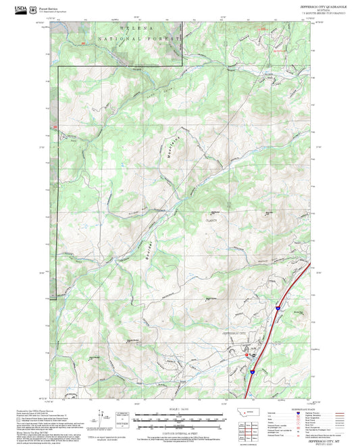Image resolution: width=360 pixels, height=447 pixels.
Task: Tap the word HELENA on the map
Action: coord(138,29)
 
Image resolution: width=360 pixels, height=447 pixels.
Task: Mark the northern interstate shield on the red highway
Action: coord(277,308)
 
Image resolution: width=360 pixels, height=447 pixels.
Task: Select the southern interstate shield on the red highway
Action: coord(252,370)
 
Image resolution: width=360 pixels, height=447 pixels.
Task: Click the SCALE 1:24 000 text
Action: coord(180,409)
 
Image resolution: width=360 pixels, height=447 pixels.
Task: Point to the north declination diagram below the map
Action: coord(103,419)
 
